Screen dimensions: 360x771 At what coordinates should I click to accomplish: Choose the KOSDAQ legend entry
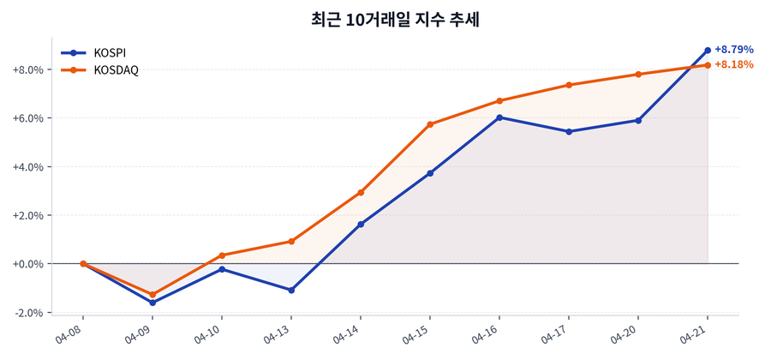click(116, 69)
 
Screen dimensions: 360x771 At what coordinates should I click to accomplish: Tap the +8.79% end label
click(733, 49)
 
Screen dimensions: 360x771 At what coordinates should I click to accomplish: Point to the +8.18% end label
click(733, 64)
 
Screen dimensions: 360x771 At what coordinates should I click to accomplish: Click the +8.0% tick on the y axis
click(28, 69)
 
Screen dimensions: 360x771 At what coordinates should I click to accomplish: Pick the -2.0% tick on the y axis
click(28, 312)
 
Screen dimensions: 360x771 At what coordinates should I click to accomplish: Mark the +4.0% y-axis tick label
click(28, 166)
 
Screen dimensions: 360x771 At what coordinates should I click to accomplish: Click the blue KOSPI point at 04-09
click(152, 303)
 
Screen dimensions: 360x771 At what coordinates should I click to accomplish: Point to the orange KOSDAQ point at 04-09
click(152, 295)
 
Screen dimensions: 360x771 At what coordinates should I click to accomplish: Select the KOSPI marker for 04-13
click(291, 291)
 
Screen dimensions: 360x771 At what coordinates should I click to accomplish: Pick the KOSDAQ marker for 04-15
click(430, 124)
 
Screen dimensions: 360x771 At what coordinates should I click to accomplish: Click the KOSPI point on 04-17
click(569, 131)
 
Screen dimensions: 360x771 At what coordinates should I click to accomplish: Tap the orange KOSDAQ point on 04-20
click(638, 75)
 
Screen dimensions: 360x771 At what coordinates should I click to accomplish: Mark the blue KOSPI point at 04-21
click(708, 50)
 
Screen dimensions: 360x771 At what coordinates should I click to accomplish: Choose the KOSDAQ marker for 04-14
click(361, 193)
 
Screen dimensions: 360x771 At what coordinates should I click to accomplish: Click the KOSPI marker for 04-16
click(499, 117)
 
